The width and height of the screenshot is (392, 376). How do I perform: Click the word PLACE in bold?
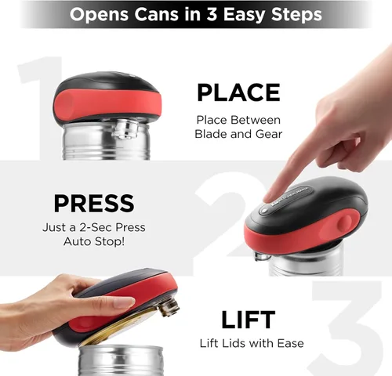point(238,92)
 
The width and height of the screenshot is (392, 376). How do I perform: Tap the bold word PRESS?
point(94,203)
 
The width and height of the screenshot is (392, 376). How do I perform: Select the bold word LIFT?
point(248,320)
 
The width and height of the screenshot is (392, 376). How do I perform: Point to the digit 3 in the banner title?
point(212,14)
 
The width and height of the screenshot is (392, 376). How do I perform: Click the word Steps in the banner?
point(296,15)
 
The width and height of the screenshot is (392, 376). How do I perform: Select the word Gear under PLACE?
point(269,134)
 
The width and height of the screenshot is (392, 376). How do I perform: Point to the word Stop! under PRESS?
point(110,241)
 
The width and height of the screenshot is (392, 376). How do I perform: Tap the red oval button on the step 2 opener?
point(344,224)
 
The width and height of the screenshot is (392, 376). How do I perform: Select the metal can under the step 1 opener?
point(107,141)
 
